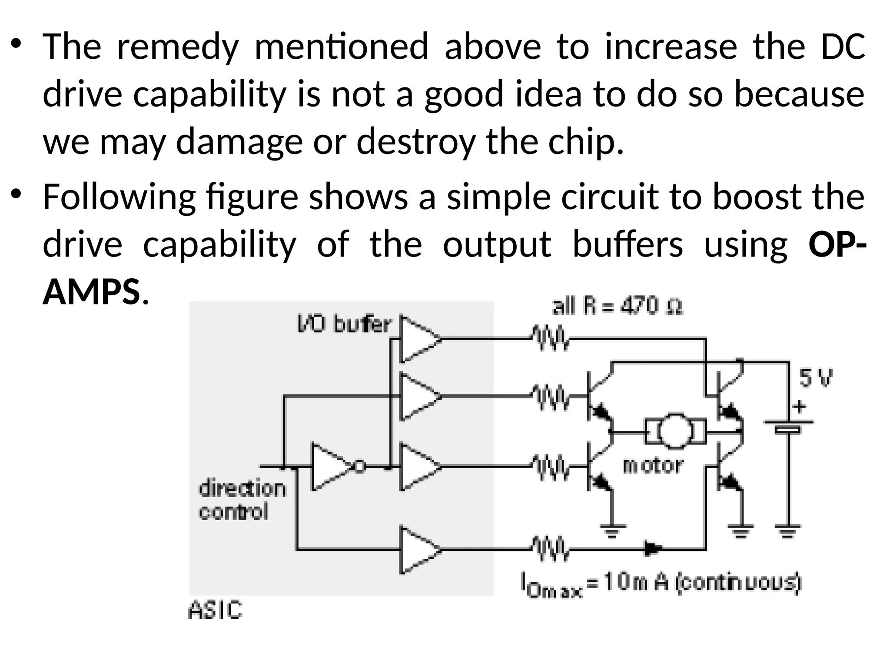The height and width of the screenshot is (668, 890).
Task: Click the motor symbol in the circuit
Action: coord(675,432)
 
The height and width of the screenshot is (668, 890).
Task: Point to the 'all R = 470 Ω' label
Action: coord(617,307)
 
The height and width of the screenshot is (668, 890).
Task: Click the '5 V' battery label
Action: coord(816,378)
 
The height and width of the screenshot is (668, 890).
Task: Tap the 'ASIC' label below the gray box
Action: coord(215,610)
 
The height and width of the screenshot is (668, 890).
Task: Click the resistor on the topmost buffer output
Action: coord(549,338)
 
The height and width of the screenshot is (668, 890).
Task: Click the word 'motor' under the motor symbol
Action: coord(653,466)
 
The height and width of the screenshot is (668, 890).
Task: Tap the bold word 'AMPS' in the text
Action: coord(91,292)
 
